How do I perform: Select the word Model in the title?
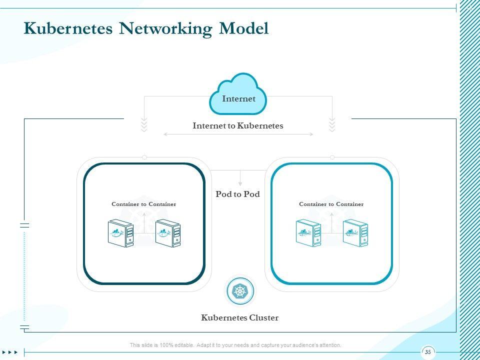point(243,28)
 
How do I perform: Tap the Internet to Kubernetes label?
point(238,126)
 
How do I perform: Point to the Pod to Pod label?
point(237,194)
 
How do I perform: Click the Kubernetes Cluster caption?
point(239,317)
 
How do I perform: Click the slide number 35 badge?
point(427,352)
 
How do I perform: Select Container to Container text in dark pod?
point(143,204)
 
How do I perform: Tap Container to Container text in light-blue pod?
point(331,204)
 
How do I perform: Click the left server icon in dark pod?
point(120,233)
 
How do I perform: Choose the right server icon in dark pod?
point(167,233)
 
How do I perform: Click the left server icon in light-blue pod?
point(308,233)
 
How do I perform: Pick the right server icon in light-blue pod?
point(355,233)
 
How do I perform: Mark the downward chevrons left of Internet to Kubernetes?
point(144,125)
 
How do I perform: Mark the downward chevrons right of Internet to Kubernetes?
point(332,125)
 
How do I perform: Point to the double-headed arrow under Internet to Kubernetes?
point(238,134)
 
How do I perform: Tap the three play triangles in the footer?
point(9,352)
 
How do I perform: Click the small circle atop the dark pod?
point(144,157)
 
